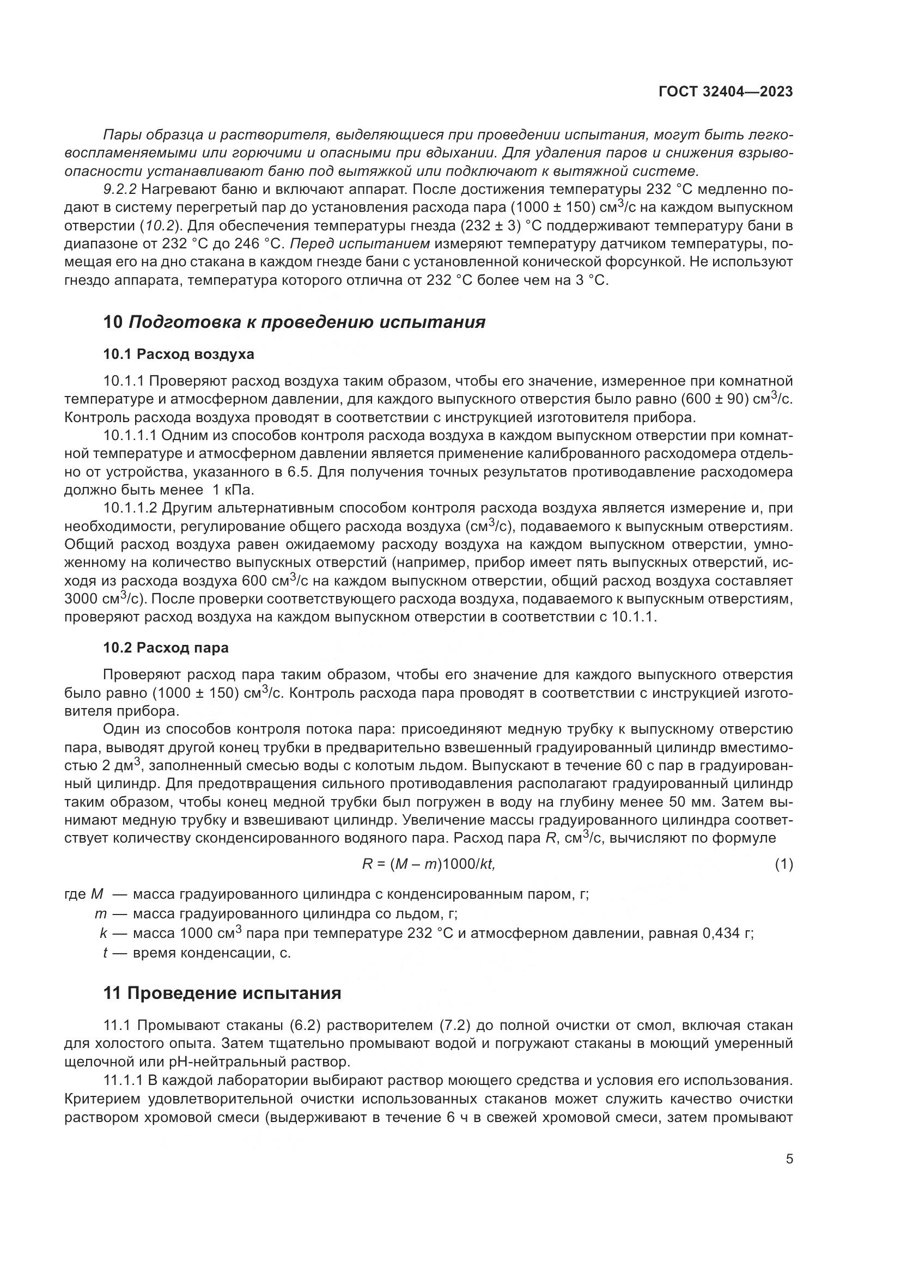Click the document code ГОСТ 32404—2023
pos(726,92)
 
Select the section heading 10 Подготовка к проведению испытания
pos(294,322)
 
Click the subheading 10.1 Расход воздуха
pos(179,354)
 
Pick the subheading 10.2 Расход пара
pos(166,648)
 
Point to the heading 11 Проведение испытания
pos(222,993)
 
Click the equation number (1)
pos(783,864)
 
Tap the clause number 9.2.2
pos(120,189)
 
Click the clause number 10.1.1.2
pos(131,508)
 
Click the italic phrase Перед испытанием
pos(360,243)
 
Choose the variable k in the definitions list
pos(104,934)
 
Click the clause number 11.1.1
pos(124,1080)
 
